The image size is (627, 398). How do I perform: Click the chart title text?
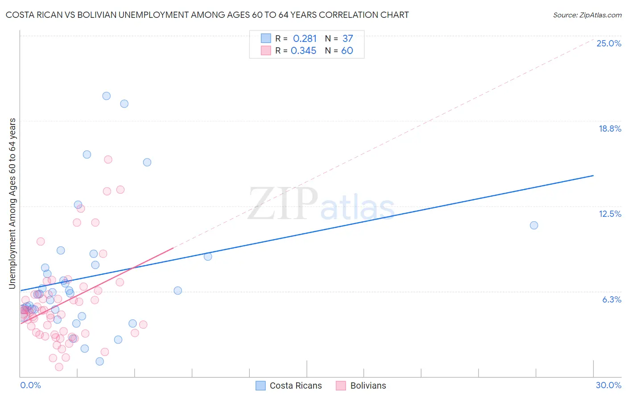tap(207, 15)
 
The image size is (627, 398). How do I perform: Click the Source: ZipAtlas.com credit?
tap(587, 15)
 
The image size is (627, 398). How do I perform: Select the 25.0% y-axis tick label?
tap(609, 43)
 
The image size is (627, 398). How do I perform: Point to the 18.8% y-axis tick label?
tap(610, 129)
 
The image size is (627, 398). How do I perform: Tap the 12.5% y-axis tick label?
tap(610, 214)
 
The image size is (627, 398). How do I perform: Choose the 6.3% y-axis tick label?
tap(611, 299)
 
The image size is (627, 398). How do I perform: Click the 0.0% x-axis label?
tap(30, 385)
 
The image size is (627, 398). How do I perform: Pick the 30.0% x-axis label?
tap(608, 385)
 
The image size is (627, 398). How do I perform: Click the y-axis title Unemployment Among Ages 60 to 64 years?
tap(12, 203)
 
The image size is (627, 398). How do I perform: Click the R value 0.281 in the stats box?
tap(305, 38)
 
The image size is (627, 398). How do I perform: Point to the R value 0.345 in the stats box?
tap(303, 50)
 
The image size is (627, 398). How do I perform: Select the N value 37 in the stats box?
tap(347, 38)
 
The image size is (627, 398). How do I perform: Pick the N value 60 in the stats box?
tap(347, 50)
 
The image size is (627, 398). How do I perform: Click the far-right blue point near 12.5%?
tap(534, 225)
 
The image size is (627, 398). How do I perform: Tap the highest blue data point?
tap(106, 96)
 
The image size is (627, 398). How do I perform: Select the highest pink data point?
tap(108, 159)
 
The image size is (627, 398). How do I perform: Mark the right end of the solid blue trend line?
tap(593, 175)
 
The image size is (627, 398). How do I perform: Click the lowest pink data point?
tap(59, 367)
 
